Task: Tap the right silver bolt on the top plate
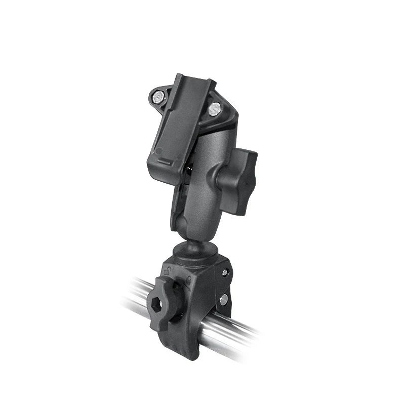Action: click(215, 107)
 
